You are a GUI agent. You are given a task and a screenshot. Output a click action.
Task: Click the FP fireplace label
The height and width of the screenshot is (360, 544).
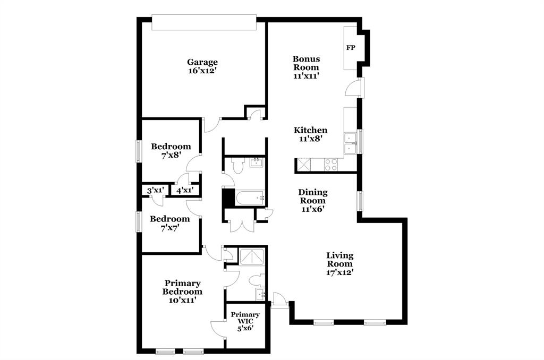coord(351,48)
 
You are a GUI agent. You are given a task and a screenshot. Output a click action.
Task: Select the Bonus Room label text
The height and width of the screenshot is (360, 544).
coord(306,67)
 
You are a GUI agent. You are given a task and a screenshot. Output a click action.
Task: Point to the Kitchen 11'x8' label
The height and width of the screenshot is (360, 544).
coord(311,134)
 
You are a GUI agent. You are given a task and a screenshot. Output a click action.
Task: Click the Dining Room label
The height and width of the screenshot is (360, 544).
coord(312,200)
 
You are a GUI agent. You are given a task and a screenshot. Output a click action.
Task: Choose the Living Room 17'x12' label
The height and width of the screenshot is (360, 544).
coord(340,263)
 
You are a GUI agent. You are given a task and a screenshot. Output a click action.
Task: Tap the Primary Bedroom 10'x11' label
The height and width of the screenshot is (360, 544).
coord(182,292)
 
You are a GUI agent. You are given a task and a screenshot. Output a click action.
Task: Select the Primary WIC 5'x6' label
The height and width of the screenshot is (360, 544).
coord(245,321)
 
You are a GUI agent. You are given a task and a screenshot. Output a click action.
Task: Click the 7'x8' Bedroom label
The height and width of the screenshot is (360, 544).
coord(171,151)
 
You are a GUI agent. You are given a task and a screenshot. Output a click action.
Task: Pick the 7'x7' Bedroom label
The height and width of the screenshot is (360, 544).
coord(169,223)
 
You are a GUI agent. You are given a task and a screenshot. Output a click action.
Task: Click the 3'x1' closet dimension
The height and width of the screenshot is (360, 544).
coord(155,190)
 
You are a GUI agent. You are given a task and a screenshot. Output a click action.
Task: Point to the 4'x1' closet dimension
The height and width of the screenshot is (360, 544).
coord(184,190)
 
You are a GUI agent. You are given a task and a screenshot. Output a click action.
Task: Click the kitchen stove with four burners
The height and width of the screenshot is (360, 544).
coord(331,165)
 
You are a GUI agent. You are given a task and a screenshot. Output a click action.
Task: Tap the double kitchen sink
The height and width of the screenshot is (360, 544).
coord(350,143)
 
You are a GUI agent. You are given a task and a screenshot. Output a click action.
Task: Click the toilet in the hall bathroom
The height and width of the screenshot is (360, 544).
coord(237,167)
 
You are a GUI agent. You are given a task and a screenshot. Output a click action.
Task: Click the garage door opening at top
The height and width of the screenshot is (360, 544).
coord(204,22)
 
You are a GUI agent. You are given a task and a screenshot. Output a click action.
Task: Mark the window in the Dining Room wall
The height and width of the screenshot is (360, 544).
coord(360,201)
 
